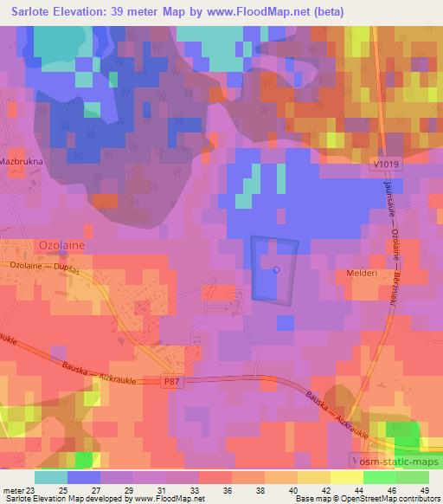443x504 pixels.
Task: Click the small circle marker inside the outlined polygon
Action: (276, 269)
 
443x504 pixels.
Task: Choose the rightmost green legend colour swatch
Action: (412, 478)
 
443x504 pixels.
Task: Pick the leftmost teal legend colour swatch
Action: (51, 478)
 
